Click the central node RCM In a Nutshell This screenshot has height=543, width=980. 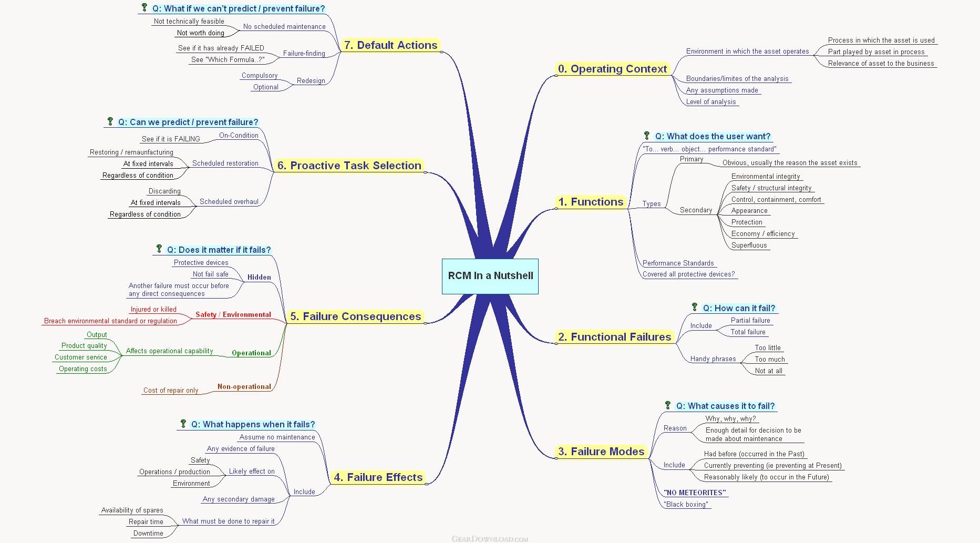[490, 276]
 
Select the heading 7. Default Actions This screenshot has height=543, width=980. [390, 45]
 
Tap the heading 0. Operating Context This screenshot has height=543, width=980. [612, 69]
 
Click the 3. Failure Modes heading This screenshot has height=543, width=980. [601, 452]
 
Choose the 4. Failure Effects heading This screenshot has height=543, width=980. [378, 477]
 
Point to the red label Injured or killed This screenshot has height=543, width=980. [153, 310]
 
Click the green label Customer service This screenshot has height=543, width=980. [81, 357]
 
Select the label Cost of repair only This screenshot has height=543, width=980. [171, 391]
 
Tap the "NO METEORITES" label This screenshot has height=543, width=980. [695, 493]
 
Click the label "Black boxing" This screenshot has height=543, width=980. [686, 505]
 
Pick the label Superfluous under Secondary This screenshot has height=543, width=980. [749, 245]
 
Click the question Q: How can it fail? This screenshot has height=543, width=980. [739, 309]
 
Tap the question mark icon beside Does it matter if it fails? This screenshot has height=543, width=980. [159, 249]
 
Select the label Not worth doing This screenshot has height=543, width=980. [201, 33]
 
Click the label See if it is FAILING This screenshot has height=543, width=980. [171, 139]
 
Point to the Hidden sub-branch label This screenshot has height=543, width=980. [259, 278]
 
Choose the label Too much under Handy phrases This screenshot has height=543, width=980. [770, 360]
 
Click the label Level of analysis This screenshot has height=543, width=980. [711, 102]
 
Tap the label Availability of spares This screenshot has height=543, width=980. [132, 510]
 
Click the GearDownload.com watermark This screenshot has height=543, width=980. [490, 539]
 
